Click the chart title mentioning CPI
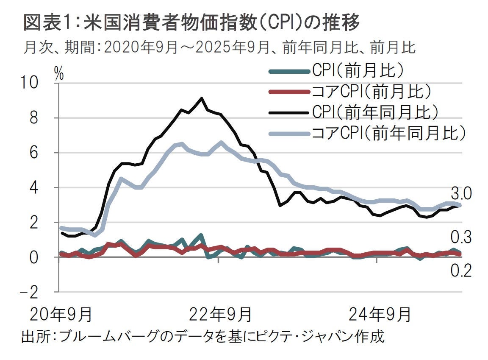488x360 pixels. [x=191, y=23]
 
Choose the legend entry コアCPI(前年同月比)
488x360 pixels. [x=388, y=133]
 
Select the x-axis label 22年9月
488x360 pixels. [x=220, y=315]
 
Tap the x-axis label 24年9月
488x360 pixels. [x=380, y=315]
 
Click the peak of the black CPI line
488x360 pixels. [x=201, y=98]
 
